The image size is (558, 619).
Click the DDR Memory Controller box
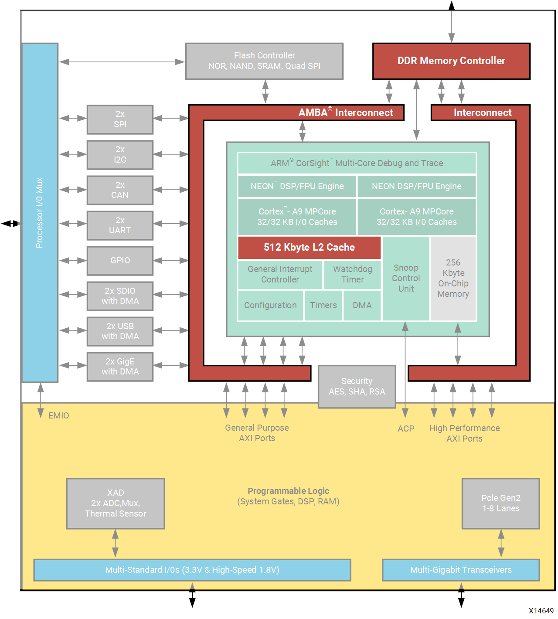pos(451,61)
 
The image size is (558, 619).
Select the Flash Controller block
pos(264,61)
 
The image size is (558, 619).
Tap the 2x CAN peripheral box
pos(120,190)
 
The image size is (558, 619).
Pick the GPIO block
pos(120,261)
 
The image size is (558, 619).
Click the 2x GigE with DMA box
pos(120,367)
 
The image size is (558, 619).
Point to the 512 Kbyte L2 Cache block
pos(309,248)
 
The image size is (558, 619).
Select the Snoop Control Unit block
pos(406,279)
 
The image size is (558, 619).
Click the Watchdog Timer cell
pos(352,275)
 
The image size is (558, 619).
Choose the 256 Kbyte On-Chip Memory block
pos(453,279)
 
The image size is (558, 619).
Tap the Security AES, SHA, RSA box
pos(357,387)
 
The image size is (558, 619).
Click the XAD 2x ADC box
pos(116,503)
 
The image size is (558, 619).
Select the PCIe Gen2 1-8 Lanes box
pos(500,503)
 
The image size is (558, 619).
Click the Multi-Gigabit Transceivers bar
pos(461,570)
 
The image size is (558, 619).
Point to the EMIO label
pos(59,416)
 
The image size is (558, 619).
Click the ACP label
pos(406,429)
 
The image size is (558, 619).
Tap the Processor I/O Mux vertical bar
pos(40,213)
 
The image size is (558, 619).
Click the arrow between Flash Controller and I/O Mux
pos(122,62)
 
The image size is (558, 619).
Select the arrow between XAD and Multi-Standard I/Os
pos(115,543)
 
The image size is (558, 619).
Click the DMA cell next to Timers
pos(362,306)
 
